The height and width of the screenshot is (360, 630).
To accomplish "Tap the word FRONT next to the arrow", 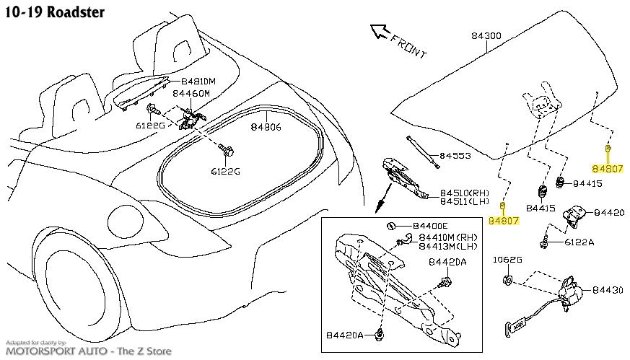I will [408, 45].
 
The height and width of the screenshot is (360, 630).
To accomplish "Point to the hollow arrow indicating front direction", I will [379, 30].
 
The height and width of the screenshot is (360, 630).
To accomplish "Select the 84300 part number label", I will [486, 35].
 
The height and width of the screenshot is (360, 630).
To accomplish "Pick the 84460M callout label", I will [191, 93].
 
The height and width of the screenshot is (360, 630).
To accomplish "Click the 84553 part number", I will [455, 155].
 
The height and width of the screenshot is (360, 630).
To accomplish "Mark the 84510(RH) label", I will [465, 193].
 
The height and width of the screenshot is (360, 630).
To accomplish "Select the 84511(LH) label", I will [465, 201].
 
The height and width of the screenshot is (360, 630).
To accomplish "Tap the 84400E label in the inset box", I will [432, 227].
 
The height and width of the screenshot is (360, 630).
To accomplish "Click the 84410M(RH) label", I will [449, 237].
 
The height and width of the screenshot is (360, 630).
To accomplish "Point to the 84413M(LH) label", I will [449, 246].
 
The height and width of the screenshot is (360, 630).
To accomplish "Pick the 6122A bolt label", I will [579, 242].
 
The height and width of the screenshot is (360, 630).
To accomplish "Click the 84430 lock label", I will [608, 290].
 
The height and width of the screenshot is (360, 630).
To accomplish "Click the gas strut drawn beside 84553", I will [422, 150].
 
